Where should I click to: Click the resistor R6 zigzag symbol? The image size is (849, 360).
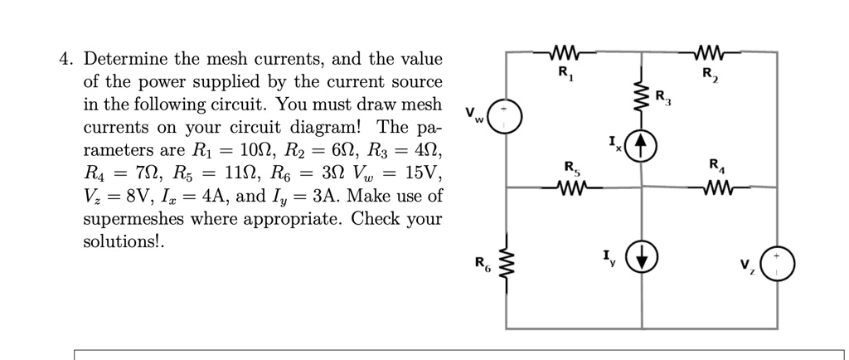[507, 265]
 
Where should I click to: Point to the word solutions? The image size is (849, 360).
[121, 243]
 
